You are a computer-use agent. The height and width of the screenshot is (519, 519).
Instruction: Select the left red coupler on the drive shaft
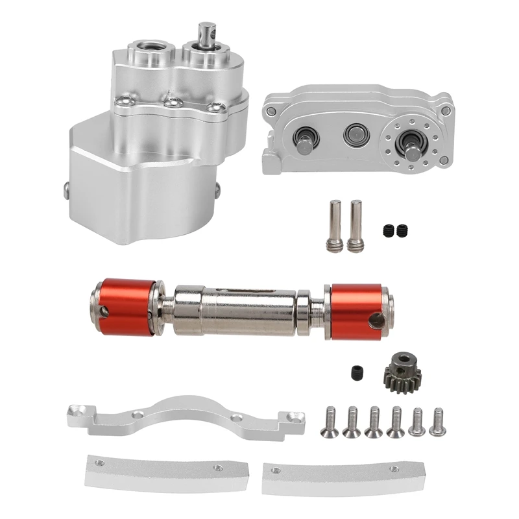[123, 306]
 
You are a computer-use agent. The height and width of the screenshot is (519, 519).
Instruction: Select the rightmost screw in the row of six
[437, 421]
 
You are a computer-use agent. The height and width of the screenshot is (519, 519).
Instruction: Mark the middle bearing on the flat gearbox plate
[354, 134]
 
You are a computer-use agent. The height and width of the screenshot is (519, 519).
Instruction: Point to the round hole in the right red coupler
[374, 319]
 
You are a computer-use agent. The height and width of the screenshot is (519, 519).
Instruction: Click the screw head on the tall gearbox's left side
[67, 187]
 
